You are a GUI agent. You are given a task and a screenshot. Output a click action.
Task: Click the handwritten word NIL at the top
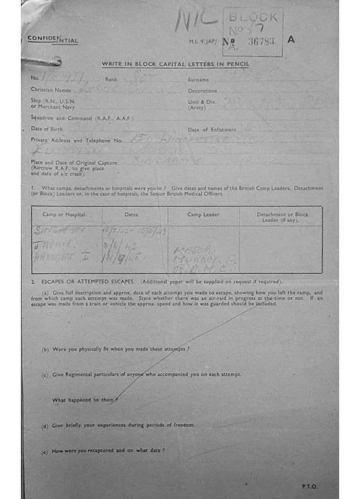(x=196, y=21)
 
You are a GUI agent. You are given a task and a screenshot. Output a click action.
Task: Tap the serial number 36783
(x=261, y=41)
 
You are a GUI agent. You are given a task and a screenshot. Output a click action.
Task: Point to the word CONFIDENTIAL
(x=53, y=39)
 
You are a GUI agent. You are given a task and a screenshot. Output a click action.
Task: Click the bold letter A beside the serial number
(x=291, y=40)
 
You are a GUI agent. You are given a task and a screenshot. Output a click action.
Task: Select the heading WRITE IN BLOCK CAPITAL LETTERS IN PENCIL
(x=175, y=64)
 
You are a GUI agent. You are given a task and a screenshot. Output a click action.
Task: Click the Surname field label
(x=198, y=79)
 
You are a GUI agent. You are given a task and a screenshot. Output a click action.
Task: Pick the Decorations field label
(x=202, y=91)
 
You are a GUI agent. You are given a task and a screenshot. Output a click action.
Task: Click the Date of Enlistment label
(x=212, y=130)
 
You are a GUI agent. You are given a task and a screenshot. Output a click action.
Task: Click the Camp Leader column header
(x=204, y=215)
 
